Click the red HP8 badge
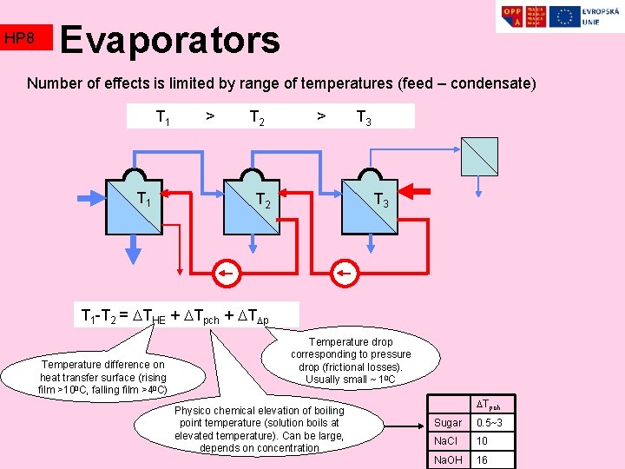coord(26,37)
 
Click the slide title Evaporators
coord(170,39)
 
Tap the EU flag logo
coord(565,16)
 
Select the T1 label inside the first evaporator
coord(144,200)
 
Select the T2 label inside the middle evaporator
coord(263,201)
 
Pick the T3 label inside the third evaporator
coord(380,201)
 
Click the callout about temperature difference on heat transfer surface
coord(102,377)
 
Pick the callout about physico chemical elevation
coord(260,428)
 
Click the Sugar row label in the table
coord(450,422)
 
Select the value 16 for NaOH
coord(483,460)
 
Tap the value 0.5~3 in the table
coord(491,422)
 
